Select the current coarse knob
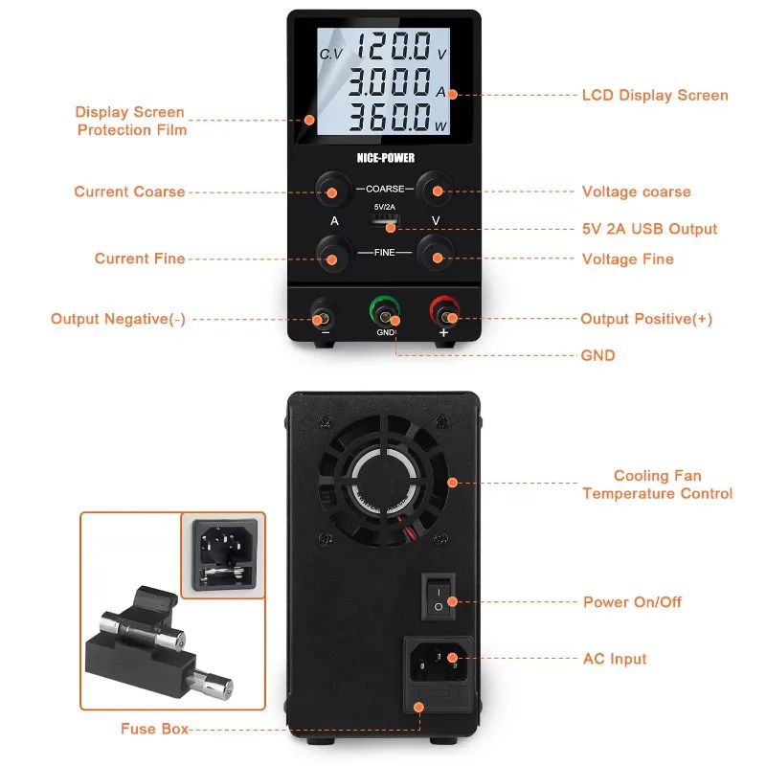point(331,191)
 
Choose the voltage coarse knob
point(436,191)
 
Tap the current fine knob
point(331,257)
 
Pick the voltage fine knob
point(436,257)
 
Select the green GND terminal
point(385,313)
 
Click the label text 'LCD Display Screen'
point(655,96)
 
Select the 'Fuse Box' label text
point(154,729)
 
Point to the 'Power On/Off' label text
point(632,602)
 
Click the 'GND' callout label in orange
point(597,355)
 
